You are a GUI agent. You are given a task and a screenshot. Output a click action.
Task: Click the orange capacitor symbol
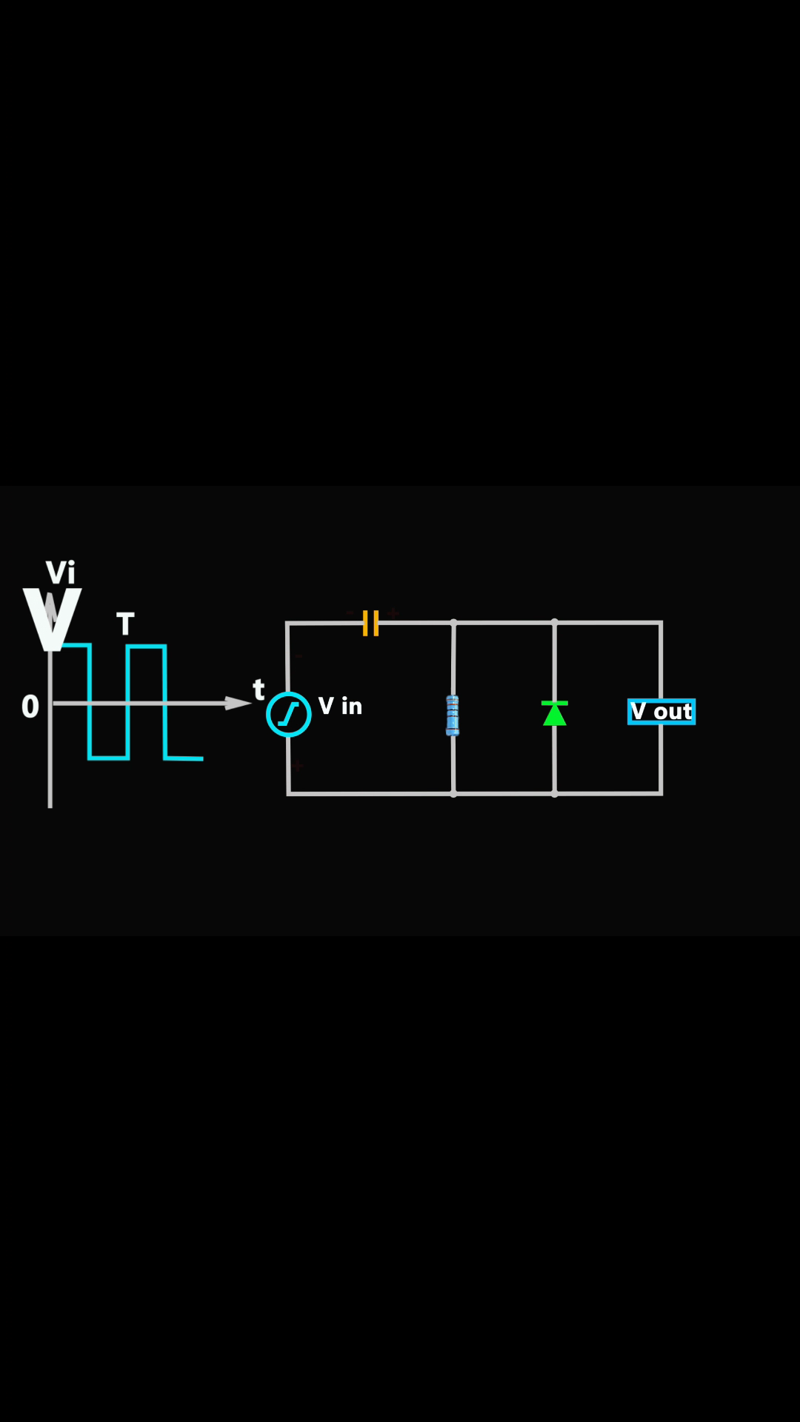click(x=371, y=623)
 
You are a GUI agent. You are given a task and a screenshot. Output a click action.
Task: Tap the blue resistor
click(x=453, y=715)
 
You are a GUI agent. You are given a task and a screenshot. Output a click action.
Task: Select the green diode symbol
click(x=555, y=713)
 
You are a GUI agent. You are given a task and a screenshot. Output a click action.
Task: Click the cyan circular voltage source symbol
click(x=289, y=714)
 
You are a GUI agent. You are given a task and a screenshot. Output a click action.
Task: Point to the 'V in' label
click(x=341, y=706)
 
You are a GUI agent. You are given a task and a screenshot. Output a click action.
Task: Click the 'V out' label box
click(x=661, y=712)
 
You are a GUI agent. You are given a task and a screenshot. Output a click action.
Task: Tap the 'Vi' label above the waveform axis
click(x=61, y=573)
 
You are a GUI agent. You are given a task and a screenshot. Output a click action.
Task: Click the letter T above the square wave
click(x=125, y=624)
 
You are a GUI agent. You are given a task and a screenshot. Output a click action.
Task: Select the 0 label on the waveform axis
click(x=30, y=707)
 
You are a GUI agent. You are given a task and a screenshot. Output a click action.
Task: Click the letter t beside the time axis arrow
click(x=259, y=690)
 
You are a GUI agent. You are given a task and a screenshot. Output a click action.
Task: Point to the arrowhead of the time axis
click(x=239, y=703)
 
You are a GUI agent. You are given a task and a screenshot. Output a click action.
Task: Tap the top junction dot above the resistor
click(x=453, y=623)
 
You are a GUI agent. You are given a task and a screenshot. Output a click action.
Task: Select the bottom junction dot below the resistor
click(x=453, y=794)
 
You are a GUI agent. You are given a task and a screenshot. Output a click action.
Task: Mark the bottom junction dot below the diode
click(x=555, y=794)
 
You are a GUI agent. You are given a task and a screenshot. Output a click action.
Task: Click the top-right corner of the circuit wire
click(x=661, y=623)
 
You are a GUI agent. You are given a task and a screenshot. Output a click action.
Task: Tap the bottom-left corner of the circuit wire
click(x=288, y=794)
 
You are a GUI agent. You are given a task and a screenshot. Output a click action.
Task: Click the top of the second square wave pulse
click(x=146, y=647)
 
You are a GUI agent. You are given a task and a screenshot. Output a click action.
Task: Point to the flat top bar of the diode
click(x=555, y=702)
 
